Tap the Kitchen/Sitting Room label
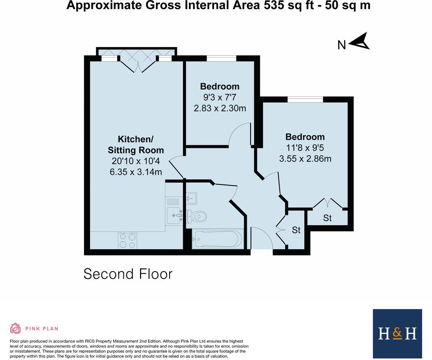pos(136,144)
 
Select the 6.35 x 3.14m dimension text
pos(136,172)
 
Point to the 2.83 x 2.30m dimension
pos(220,108)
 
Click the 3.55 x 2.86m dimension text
pos(305,159)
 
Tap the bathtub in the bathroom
pos(217,239)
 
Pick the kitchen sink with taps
pos(174,215)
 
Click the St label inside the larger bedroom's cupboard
pos(327,218)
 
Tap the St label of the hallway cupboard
pos(296,230)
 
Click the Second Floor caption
pos(128,274)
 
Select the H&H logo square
pos(397,334)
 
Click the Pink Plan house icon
pos(15,328)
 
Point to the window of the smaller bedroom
pos(221,58)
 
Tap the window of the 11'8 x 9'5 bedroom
pos(305,99)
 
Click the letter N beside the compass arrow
pos(341,45)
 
